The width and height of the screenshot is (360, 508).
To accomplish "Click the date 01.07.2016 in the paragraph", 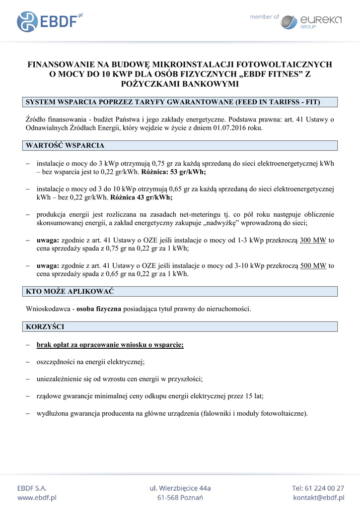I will (x=230, y=128).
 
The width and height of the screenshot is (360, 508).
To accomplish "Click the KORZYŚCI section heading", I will (x=45, y=326).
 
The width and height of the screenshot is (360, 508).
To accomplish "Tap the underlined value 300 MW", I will (x=313, y=240).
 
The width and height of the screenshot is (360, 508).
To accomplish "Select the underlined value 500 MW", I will (x=313, y=265).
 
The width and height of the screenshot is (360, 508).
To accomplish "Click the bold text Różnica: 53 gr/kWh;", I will (x=174, y=172).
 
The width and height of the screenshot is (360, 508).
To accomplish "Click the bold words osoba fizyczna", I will (x=99, y=309).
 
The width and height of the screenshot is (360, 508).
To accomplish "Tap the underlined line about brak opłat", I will (x=110, y=344).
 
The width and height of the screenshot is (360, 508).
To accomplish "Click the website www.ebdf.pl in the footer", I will (x=37, y=498).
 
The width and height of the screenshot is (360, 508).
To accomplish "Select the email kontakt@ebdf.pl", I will (x=318, y=498).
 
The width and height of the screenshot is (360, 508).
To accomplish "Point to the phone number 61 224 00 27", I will (x=325, y=488).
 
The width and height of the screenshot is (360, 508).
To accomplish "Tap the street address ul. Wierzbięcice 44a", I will (x=180, y=488).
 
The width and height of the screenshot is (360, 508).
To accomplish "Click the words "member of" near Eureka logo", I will (x=264, y=17).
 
